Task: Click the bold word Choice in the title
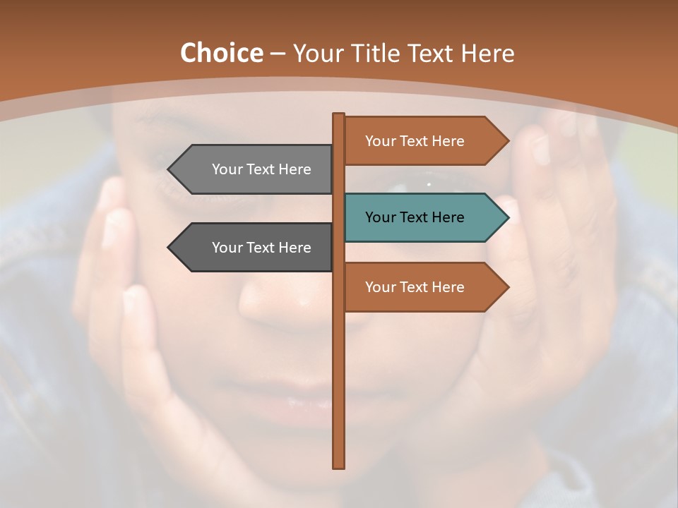click(221, 53)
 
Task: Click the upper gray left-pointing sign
click(254, 169)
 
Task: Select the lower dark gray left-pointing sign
click(254, 248)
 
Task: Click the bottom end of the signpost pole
click(339, 466)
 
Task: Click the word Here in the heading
click(487, 53)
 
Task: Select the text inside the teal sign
click(415, 217)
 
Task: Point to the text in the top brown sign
click(415, 141)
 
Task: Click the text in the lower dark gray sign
click(261, 248)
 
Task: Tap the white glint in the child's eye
click(429, 184)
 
